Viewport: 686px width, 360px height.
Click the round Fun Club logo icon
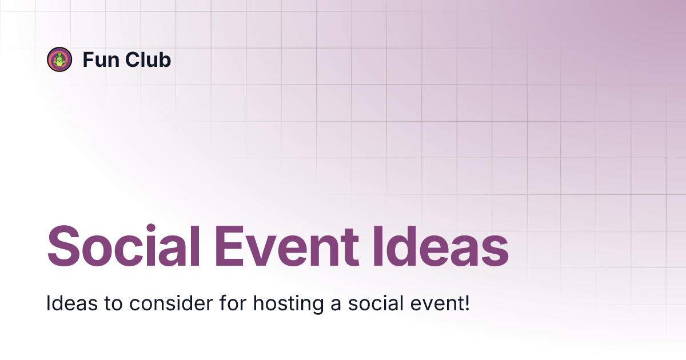pos(59,59)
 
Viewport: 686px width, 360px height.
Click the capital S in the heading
pos(63,248)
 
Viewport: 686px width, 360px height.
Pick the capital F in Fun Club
pos(88,59)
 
